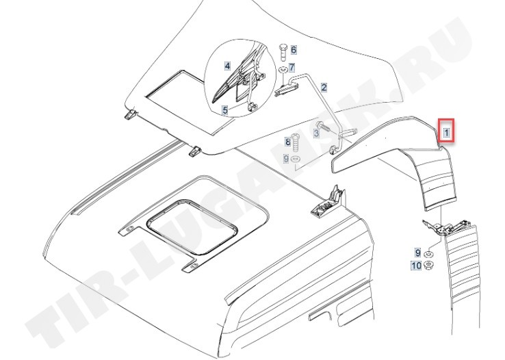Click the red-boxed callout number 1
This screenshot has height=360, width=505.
tap(445, 131)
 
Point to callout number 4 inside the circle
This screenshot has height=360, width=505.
tap(228, 66)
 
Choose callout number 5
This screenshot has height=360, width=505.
tap(224, 110)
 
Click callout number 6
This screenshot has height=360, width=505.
tap(293, 50)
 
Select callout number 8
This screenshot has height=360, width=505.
tap(288, 142)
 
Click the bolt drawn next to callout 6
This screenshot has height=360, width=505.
tap(282, 51)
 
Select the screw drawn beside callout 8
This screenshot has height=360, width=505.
tap(298, 143)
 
